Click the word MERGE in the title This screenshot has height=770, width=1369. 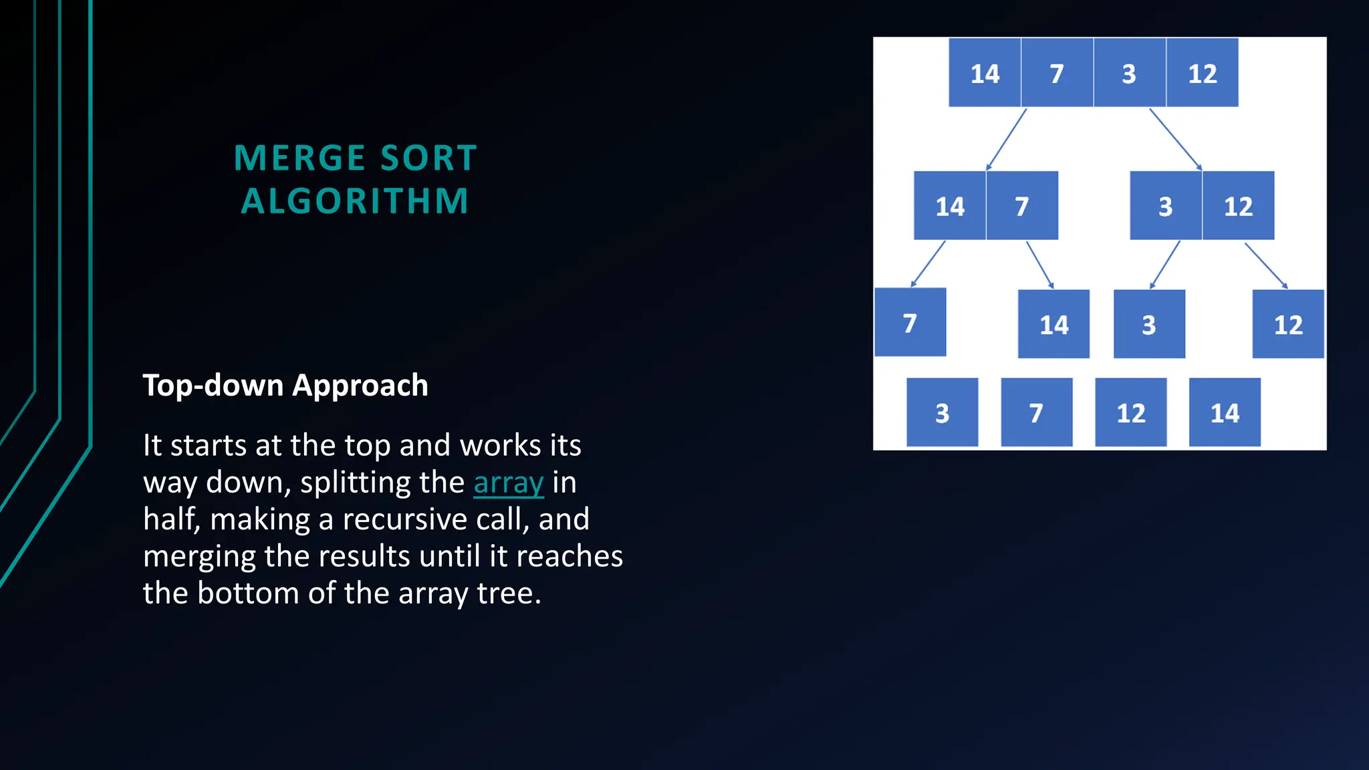click(x=299, y=158)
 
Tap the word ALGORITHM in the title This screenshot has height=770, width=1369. click(x=355, y=201)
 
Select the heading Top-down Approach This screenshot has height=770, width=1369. click(x=285, y=386)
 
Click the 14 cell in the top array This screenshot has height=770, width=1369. click(x=985, y=73)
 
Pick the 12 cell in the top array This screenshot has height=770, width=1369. click(x=1202, y=73)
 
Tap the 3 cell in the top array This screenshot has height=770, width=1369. click(x=1129, y=73)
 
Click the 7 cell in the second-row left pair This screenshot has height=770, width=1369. click(x=1021, y=206)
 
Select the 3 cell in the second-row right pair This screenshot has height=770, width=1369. click(x=1165, y=206)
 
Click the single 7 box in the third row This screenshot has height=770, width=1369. click(x=910, y=323)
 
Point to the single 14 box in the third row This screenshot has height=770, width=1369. click(x=1053, y=324)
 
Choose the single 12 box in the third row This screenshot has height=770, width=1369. click(x=1288, y=324)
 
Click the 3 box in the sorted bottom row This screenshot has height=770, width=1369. click(x=942, y=412)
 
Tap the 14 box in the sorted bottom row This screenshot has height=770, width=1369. click(x=1225, y=412)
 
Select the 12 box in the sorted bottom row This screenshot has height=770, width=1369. click(x=1130, y=412)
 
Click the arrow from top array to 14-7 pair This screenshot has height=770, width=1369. click(x=1006, y=140)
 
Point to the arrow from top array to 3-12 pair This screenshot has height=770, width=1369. click(x=1175, y=139)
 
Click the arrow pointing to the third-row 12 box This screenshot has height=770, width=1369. click(x=1265, y=265)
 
